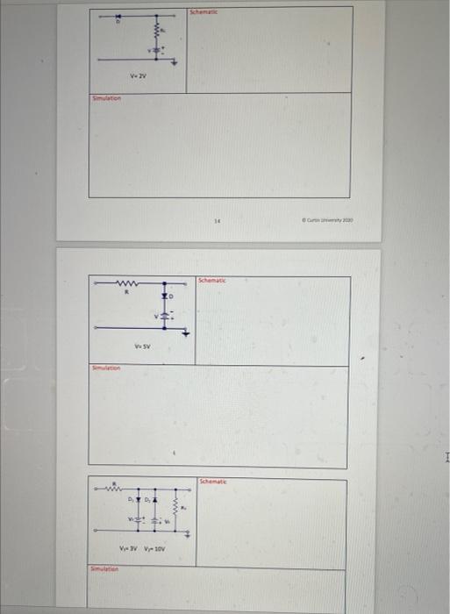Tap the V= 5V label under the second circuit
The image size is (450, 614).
(141, 346)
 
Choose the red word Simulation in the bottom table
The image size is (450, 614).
(105, 571)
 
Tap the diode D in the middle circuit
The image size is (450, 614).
(163, 299)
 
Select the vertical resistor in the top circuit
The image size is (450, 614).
(159, 32)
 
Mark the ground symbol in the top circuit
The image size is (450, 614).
(174, 62)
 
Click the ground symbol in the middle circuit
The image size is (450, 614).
(185, 332)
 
